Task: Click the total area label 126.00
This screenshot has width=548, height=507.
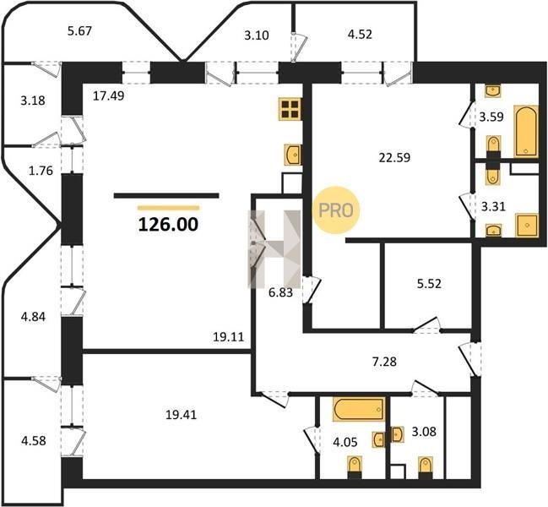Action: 169,225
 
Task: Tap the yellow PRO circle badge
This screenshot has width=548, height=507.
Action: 336,210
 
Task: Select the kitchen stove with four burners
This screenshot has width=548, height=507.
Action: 290,109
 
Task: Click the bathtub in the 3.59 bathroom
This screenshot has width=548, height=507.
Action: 526,131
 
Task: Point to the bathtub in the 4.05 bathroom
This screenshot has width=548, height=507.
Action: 359,409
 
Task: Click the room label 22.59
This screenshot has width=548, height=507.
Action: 394,158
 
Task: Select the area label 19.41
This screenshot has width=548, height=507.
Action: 181,415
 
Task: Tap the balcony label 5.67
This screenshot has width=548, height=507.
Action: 79,31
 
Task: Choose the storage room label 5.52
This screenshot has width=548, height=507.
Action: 429,284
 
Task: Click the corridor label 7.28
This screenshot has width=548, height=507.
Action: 384,361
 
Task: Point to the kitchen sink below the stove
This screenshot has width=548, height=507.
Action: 293,154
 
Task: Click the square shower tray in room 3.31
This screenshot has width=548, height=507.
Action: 527,225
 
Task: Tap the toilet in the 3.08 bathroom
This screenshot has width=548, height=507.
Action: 426,467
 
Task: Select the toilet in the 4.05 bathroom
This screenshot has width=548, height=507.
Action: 355,467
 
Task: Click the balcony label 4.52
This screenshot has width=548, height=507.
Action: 360,35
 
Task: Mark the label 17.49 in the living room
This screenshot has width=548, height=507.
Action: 108,95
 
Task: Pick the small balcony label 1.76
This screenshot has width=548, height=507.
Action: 41,171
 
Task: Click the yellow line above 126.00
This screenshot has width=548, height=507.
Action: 169,208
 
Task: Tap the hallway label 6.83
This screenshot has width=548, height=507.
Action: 280,292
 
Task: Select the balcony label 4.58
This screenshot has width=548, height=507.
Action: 34,440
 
